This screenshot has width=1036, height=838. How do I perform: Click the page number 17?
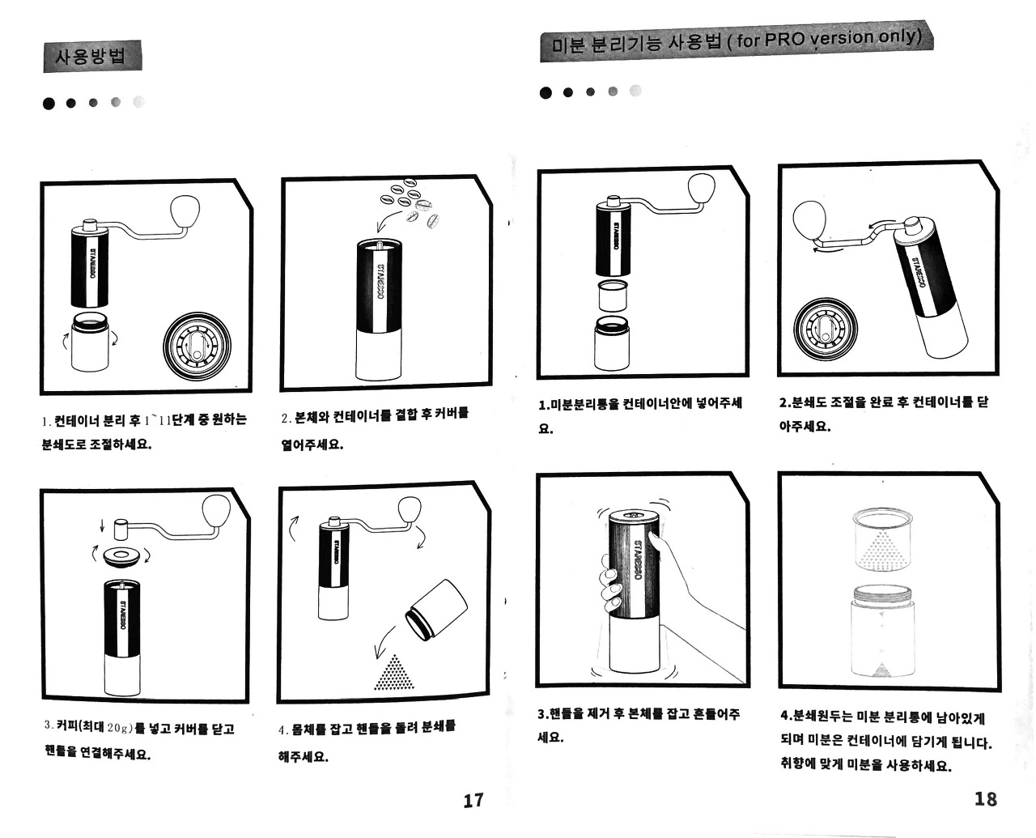click(x=473, y=800)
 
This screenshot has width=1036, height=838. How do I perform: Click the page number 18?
click(x=986, y=798)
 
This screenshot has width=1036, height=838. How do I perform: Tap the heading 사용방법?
click(x=91, y=57)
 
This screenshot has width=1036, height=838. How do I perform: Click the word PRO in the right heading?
click(x=785, y=39)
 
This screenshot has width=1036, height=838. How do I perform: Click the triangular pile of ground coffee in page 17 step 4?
click(x=394, y=673)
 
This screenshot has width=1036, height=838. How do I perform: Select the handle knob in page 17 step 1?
click(x=185, y=211)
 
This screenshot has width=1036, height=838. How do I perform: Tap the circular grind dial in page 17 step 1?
click(x=197, y=347)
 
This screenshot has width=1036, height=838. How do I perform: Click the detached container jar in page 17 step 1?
click(x=90, y=342)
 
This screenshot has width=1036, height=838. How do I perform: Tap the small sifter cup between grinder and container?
click(x=613, y=296)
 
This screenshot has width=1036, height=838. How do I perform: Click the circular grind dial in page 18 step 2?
click(x=826, y=330)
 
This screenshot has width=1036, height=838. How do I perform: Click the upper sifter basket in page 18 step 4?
click(x=883, y=539)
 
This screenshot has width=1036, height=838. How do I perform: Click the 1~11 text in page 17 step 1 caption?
click(x=158, y=420)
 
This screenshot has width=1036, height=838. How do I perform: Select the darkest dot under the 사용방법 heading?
click(x=49, y=103)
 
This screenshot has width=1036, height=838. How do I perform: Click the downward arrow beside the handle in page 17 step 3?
click(x=102, y=525)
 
